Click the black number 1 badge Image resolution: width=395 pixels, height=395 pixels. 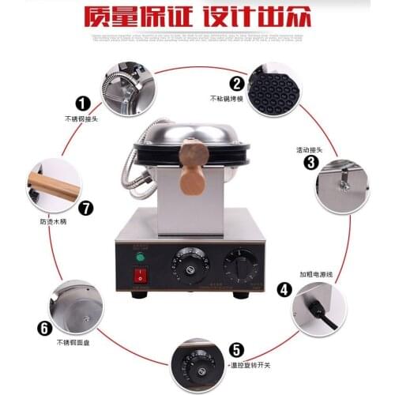[81, 103]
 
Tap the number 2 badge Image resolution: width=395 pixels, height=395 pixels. [235, 83]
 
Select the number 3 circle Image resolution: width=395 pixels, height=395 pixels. [311, 163]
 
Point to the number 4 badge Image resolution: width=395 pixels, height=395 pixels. [284, 289]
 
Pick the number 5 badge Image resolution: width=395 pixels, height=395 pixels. [235, 349]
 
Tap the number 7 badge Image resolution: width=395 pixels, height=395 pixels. [86, 209]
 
